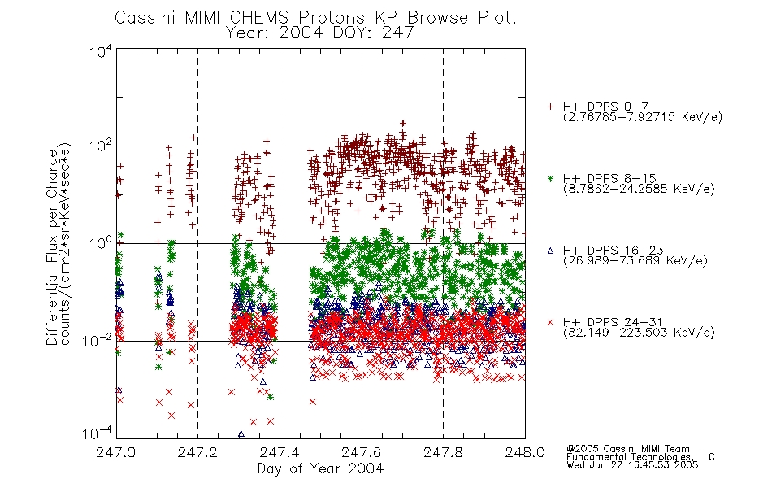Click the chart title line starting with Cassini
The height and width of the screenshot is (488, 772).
315,18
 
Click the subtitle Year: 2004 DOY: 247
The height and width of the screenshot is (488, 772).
320,33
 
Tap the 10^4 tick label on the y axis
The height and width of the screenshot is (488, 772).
102,51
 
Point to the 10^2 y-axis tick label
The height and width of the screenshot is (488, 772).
102,146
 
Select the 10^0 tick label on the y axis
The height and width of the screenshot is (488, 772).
102,244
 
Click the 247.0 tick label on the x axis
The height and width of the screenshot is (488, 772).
115,452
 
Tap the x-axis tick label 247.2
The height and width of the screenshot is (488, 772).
197,452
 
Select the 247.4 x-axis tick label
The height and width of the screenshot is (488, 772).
280,452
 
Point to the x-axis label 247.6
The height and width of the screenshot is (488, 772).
362,452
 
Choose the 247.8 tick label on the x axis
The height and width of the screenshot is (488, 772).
443,452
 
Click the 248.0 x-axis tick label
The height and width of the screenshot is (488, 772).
525,452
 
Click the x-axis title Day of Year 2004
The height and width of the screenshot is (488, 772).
320,468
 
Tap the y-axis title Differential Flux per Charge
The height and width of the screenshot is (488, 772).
52,247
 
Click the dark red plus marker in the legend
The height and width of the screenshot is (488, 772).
550,106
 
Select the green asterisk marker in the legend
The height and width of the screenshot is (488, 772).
550,179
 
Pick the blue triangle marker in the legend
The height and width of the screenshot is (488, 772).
550,251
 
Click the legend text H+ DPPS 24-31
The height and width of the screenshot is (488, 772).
613,322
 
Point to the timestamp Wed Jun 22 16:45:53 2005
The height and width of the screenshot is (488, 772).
632,465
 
